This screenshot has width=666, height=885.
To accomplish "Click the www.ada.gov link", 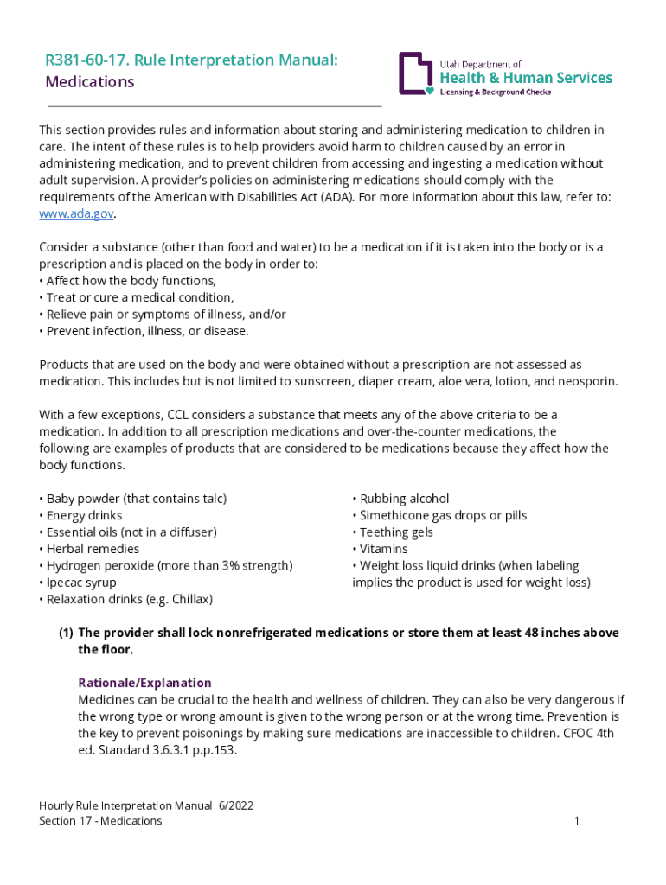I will click(76, 213).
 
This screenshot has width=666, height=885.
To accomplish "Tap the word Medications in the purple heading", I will click(90, 82).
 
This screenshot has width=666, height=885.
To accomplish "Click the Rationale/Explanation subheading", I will click(144, 683).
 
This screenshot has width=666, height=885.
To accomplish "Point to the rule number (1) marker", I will click(66, 633).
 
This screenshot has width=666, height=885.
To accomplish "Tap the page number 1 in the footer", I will click(576, 821).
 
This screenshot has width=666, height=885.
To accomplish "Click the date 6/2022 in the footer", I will click(235, 805).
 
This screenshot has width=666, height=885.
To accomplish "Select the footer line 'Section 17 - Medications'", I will click(100, 821).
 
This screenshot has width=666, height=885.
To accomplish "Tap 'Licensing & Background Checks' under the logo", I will click(496, 92).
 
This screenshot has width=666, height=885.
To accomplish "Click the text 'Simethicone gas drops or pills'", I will click(443, 515).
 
